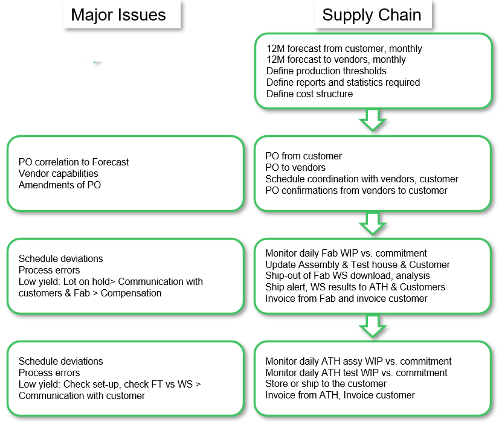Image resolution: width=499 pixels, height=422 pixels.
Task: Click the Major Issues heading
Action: point(118,15)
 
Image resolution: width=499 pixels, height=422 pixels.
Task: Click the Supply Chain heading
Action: point(372,15)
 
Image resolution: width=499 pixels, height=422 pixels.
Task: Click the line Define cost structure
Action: point(309,94)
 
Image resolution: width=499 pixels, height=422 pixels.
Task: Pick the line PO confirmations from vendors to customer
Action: point(356,190)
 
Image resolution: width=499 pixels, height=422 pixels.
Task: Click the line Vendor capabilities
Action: point(59,173)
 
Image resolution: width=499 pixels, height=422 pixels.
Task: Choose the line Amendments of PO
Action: point(60,185)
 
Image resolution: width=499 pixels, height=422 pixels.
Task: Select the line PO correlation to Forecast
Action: point(74,162)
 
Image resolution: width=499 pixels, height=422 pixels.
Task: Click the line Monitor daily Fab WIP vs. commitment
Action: point(346,253)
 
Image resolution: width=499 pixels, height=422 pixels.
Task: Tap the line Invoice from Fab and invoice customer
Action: point(346,298)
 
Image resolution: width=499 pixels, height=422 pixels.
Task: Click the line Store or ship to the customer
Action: point(326,383)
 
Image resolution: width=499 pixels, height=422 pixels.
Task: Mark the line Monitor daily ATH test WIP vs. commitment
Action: point(356,372)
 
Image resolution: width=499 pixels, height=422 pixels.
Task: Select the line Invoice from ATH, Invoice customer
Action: point(340,395)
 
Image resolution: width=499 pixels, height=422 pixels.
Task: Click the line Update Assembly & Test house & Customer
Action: point(358,264)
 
